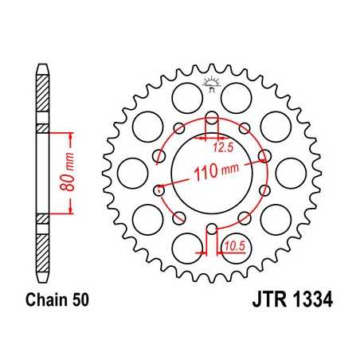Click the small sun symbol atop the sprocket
click(x=212, y=80)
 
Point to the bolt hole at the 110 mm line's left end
click(x=158, y=190)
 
